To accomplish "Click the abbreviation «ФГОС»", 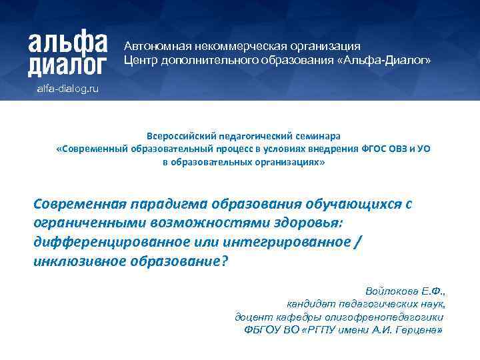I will [x=357, y=149].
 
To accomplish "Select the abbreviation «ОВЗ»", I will [x=389, y=149].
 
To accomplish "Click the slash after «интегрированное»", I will [x=360, y=241].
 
